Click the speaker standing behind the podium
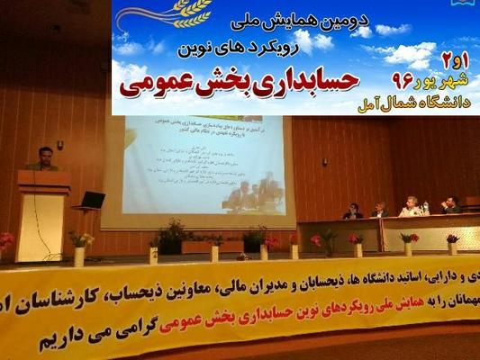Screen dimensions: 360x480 pyautogui.click(x=43, y=159)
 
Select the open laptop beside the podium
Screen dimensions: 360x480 pyautogui.click(x=92, y=200)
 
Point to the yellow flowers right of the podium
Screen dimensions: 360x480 pyautogui.click(x=81, y=238)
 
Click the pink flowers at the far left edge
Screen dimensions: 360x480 pyautogui.click(x=5, y=240)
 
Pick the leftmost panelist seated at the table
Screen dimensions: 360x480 pyautogui.click(x=353, y=211)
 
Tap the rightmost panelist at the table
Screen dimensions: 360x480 pyautogui.click(x=451, y=205)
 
